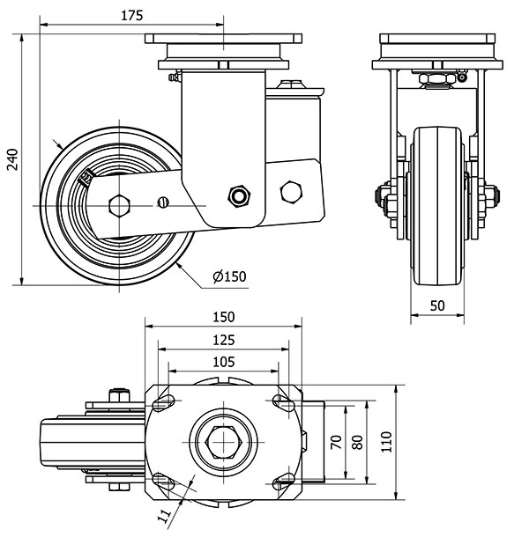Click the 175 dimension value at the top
coord(131,16)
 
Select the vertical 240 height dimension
coord(11,158)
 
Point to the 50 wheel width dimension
coord(438,305)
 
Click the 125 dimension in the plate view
coord(223,339)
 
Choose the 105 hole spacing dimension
coord(223,361)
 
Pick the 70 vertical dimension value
coord(335,443)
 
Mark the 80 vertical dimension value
coord(357,443)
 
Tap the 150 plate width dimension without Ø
coord(223,317)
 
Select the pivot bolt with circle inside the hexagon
coord(237,195)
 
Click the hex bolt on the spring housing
coord(291,191)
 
